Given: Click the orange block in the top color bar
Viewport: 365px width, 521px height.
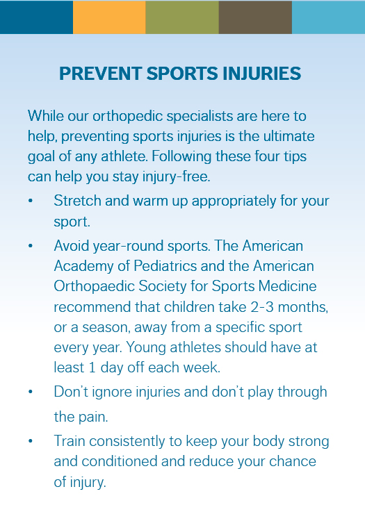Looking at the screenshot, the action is click(x=109, y=17).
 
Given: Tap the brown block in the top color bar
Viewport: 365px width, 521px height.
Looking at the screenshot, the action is click(x=255, y=17).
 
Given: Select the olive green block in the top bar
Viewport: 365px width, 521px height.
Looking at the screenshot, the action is click(x=182, y=17).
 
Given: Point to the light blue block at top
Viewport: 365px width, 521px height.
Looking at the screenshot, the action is click(x=328, y=17).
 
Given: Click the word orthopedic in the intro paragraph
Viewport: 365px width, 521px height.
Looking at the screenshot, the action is click(x=128, y=117).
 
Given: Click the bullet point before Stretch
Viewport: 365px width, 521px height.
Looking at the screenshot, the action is click(x=31, y=201).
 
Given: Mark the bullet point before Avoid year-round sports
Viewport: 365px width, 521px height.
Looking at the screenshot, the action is click(x=31, y=246).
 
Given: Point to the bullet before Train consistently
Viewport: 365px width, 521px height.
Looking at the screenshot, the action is click(x=31, y=441).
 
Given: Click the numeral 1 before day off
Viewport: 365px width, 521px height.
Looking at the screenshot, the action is click(x=92, y=367).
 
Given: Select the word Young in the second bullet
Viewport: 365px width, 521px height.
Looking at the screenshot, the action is click(x=146, y=348).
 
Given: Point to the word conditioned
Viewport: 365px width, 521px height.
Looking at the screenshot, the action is click(x=119, y=461).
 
